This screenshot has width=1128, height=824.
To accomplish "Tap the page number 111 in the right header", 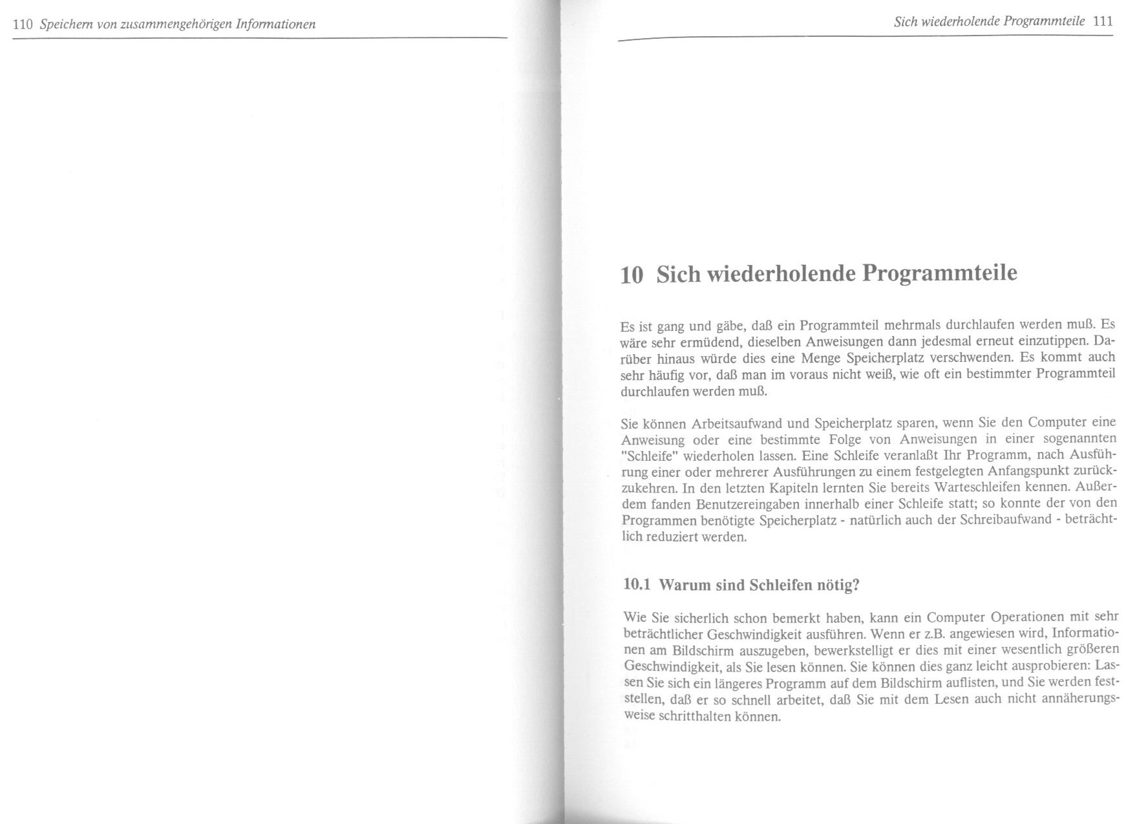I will coord(1103,21).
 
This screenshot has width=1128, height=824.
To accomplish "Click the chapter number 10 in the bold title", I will coord(632,275).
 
